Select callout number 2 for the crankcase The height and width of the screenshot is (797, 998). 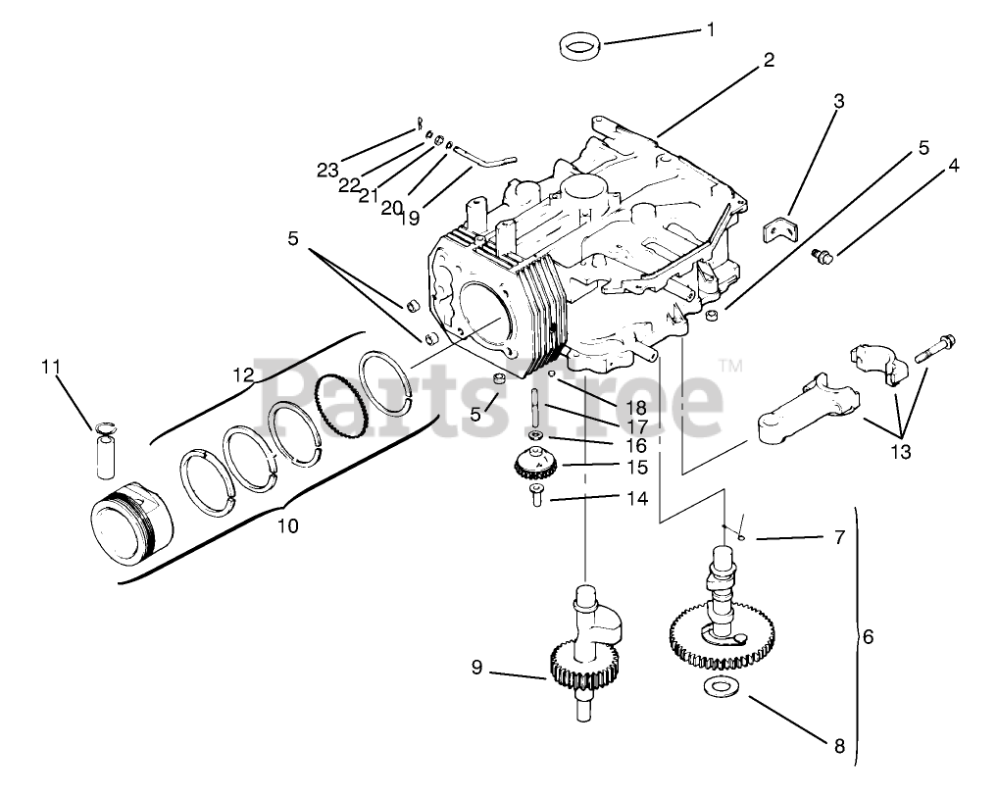click(769, 60)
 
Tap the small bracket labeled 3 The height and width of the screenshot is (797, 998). click(781, 228)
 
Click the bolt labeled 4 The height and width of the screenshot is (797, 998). click(823, 256)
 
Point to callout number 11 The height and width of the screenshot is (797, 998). click(51, 367)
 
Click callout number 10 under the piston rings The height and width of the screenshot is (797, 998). click(286, 526)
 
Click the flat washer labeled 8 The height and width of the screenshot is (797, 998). click(721, 687)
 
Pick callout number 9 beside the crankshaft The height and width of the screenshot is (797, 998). click(476, 667)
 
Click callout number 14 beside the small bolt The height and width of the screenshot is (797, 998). click(637, 498)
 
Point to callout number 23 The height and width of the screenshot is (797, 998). click(327, 170)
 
